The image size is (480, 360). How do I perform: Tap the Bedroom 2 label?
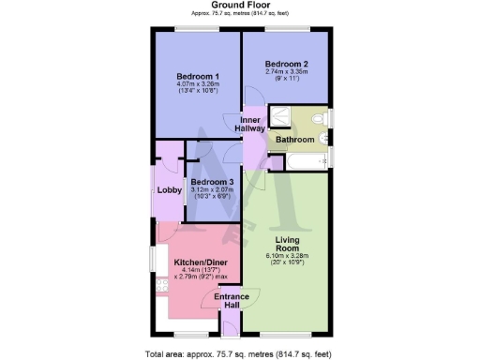pos(286,64)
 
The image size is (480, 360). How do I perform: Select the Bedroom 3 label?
pos(212,182)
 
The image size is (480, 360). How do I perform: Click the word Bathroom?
pos(294,140)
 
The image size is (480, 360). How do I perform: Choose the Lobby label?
pos(169,191)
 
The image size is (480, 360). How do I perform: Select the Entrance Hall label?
pos(232,302)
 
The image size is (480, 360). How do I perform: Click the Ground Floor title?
pos(241,6)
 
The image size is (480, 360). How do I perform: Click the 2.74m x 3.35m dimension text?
pos(286,71)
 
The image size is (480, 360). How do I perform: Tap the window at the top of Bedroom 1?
pos(195,29)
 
